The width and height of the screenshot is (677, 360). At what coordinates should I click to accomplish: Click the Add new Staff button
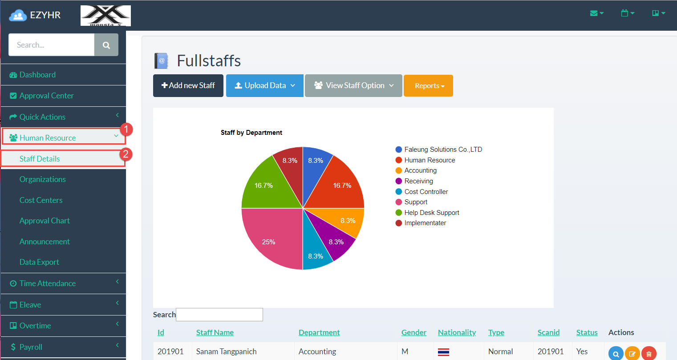pyautogui.click(x=188, y=85)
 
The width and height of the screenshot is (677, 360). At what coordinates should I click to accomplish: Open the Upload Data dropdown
pyautogui.click(x=264, y=85)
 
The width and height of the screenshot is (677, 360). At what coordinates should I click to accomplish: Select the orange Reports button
pyautogui.click(x=428, y=85)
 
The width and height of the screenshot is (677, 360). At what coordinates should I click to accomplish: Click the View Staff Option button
pyautogui.click(x=353, y=85)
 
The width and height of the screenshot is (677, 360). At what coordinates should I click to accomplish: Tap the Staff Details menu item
pyautogui.click(x=40, y=159)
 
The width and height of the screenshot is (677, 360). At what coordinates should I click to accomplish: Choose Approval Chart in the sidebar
pyautogui.click(x=45, y=221)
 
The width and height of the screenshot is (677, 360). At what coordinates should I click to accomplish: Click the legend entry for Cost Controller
pyautogui.click(x=426, y=192)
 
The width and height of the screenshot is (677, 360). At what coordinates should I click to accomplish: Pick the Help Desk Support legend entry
pyautogui.click(x=431, y=213)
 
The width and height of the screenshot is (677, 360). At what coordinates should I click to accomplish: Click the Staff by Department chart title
pyautogui.click(x=251, y=133)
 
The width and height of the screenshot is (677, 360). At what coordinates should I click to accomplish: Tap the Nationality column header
pyautogui.click(x=457, y=332)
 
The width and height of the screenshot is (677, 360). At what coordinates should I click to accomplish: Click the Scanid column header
pyautogui.click(x=548, y=332)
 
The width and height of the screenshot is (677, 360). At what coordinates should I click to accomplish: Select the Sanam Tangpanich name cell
pyautogui.click(x=226, y=352)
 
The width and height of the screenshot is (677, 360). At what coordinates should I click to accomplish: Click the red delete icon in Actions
pyautogui.click(x=649, y=354)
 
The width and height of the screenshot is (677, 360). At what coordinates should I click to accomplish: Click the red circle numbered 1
pyautogui.click(x=126, y=129)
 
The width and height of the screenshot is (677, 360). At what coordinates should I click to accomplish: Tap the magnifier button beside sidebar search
pyautogui.click(x=106, y=45)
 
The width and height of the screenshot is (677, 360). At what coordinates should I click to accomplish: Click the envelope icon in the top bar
pyautogui.click(x=594, y=13)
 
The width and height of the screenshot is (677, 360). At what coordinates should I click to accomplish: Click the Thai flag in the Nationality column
pyautogui.click(x=443, y=352)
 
